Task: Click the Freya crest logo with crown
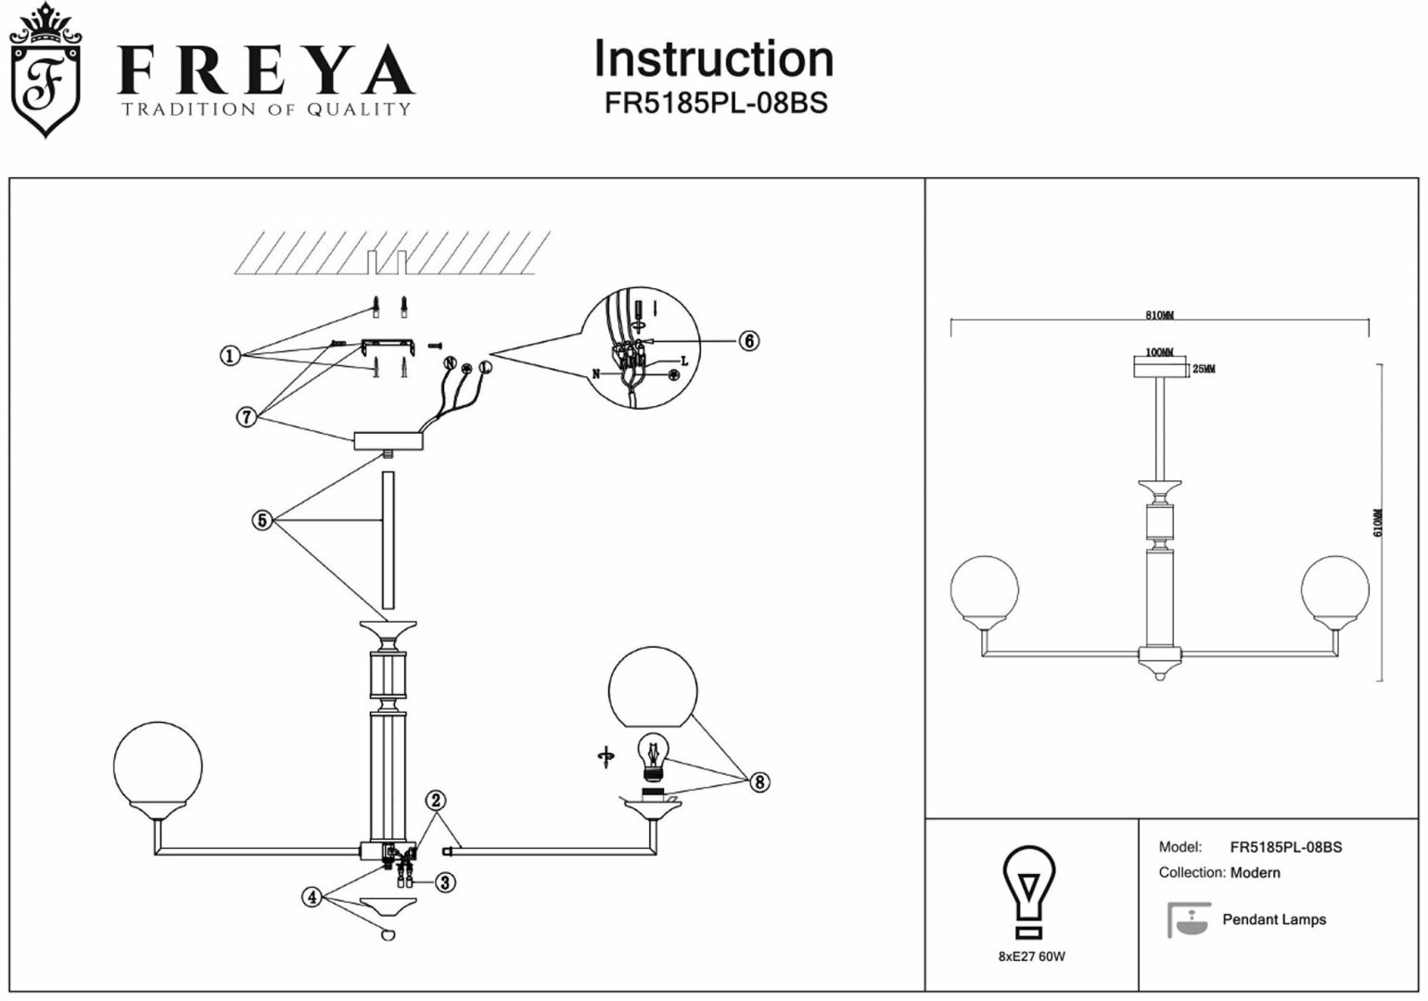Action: [44, 72]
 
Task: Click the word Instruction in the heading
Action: [713, 59]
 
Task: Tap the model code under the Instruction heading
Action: [715, 103]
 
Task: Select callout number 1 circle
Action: [230, 355]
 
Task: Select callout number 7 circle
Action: [246, 418]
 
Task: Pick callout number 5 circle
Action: [262, 521]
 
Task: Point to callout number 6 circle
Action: [749, 341]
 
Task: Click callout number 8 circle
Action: [759, 782]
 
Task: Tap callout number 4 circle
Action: [312, 897]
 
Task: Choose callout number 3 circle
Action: [446, 882]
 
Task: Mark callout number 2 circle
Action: [436, 801]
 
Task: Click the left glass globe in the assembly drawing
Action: [157, 766]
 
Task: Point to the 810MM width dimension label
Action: [1159, 315]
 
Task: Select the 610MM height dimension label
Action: [1378, 523]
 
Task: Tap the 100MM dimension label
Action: [1159, 353]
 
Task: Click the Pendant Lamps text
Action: [1274, 919]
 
